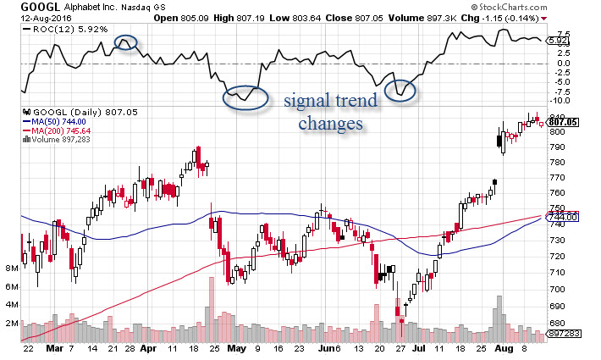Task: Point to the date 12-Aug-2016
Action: [x=25, y=17]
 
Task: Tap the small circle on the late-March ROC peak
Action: [x=125, y=42]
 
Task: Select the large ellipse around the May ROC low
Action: [x=245, y=97]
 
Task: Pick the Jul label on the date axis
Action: [x=418, y=348]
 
